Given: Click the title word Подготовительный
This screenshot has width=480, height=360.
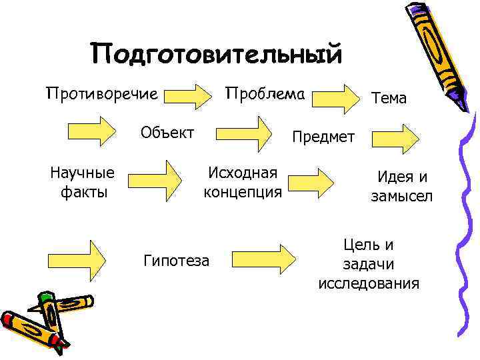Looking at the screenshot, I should [217, 54].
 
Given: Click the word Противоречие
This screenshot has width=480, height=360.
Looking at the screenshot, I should [101, 94].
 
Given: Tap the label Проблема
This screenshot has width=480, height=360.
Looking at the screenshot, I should [265, 94].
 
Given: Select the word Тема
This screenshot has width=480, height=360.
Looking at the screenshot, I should [389, 98].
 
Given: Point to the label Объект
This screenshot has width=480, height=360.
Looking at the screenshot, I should [167, 131].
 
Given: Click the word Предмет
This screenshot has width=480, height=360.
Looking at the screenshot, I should [323, 137].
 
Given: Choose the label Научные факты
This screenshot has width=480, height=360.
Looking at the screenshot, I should [82, 183].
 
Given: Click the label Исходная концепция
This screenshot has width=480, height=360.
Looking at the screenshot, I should [243, 183].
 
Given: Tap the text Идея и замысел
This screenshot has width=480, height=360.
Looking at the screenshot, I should [402, 186].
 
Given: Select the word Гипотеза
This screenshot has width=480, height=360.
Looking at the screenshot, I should [176, 260].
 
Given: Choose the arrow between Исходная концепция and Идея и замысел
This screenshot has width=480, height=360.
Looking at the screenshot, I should [316, 181].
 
